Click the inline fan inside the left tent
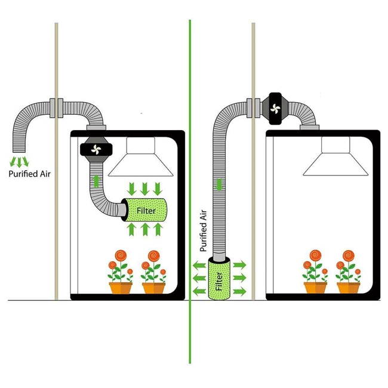coord(96,149)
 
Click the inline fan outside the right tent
coord(275,109)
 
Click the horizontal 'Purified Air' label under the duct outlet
coord(29,174)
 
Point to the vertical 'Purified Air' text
coord(203,230)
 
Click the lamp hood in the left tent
coord(141,156)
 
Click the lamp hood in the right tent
coord(335,156)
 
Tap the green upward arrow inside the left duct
coord(96,181)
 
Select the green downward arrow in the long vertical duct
coord(219,184)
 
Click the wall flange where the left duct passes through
coord(57,108)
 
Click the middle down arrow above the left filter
coord(145,189)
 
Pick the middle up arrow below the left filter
coord(145,229)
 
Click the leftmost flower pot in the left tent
coord(121,288)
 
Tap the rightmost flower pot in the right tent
coord(349,288)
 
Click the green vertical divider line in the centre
coord(190,191)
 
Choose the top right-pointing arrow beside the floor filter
coord(239,265)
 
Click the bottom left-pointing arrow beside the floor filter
coord(199,291)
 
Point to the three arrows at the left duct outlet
coord(19,162)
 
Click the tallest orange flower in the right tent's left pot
coord(316,255)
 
